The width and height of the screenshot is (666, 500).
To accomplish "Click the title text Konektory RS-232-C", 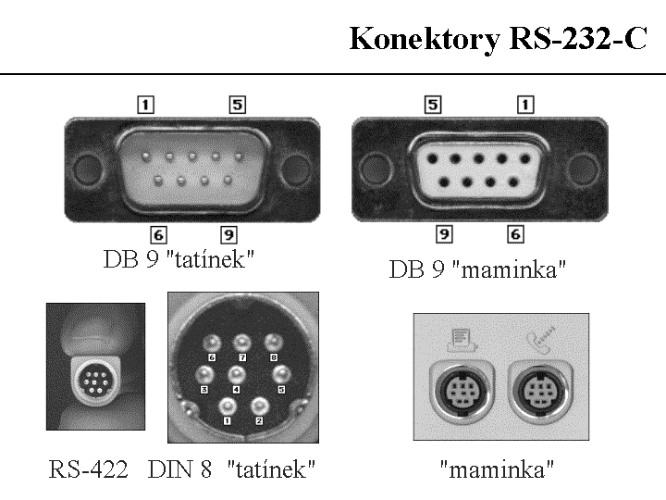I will (x=499, y=40).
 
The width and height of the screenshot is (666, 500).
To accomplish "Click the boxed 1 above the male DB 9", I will (x=144, y=105).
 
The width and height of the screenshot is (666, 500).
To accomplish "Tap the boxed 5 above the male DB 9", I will (x=238, y=105).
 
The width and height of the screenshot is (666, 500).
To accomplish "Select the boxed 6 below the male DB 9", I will (x=159, y=235).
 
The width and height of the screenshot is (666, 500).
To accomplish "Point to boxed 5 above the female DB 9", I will (x=432, y=105).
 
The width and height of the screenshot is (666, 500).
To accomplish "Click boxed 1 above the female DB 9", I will (x=525, y=105).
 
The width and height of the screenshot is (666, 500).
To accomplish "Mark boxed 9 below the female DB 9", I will (x=445, y=235).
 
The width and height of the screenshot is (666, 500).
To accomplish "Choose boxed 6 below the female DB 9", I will (x=516, y=235).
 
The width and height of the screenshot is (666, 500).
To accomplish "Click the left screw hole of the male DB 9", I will (x=85, y=170).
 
